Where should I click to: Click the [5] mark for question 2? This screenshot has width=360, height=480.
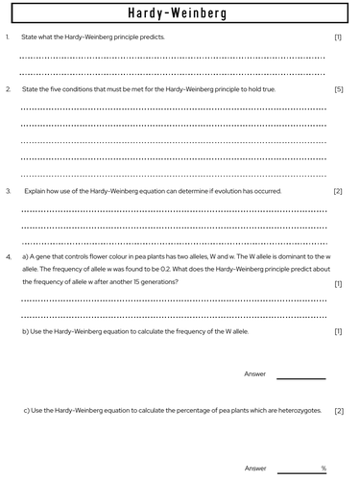337,89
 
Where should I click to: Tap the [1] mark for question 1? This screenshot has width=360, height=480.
337,37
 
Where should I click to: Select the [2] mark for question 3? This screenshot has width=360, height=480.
337,191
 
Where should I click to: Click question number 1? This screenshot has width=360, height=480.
7,37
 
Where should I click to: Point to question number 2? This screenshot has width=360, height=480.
8,89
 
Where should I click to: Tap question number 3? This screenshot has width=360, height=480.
8,191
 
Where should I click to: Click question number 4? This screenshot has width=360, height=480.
8,258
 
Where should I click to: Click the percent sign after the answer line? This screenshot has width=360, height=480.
324,468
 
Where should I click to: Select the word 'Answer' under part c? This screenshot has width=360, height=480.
255,468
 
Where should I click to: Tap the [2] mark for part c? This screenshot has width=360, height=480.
337,411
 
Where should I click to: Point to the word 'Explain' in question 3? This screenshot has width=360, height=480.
36,191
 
